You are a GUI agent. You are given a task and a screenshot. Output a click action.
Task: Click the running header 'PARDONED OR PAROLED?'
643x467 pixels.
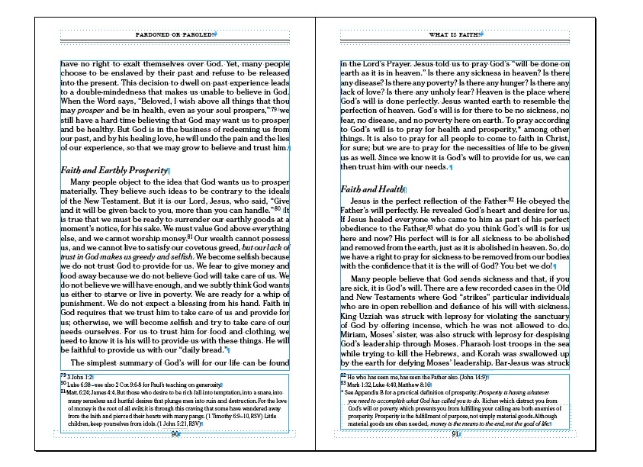click(x=175, y=35)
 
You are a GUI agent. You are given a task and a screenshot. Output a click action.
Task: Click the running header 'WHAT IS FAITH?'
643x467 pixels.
click(x=455, y=35)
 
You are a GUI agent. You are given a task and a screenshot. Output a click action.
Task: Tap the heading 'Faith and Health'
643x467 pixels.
click(x=372, y=188)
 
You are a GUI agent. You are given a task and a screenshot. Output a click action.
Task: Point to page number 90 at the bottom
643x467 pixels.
click(x=174, y=434)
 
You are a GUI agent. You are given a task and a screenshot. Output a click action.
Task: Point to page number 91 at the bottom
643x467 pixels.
click(x=455, y=434)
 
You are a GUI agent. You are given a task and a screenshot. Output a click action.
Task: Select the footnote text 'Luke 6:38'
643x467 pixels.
click(x=79, y=385)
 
